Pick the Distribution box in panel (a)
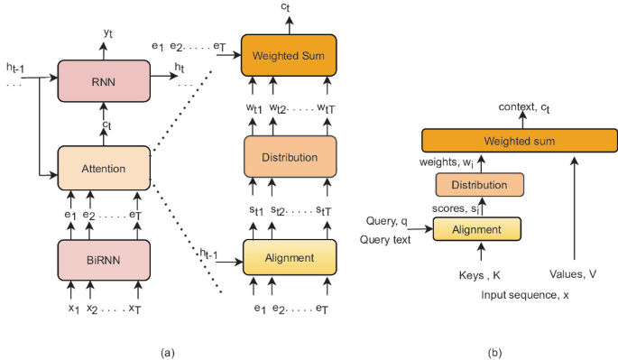coord(289,157)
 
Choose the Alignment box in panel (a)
coord(289,258)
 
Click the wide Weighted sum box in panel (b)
coord(520,141)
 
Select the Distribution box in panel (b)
coord(479,185)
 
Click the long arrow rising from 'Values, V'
coord(576,208)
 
